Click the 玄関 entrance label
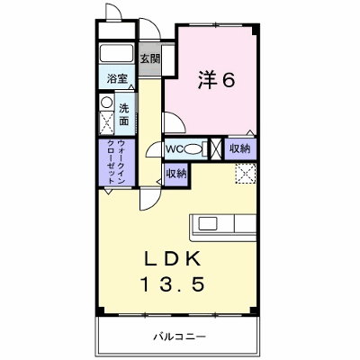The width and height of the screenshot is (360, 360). [150, 58]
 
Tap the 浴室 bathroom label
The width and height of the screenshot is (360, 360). [118, 79]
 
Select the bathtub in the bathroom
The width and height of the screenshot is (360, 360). [116, 53]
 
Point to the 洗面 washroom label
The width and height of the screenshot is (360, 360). [124, 114]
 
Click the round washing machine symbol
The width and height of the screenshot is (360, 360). [106, 103]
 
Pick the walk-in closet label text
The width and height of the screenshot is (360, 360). [116, 162]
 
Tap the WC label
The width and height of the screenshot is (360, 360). [175, 148]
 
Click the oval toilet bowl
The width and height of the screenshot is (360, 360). [193, 149]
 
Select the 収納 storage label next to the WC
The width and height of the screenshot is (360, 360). [240, 148]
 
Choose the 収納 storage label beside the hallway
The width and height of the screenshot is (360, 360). [176, 174]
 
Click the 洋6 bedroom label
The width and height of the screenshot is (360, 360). [216, 80]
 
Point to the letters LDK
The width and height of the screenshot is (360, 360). [172, 259]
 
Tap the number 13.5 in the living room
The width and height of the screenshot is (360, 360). [173, 284]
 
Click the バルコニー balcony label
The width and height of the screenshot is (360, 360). [180, 337]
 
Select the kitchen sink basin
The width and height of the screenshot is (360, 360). [208, 224]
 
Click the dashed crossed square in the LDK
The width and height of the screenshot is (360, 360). [246, 174]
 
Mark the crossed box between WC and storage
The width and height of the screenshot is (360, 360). [216, 148]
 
